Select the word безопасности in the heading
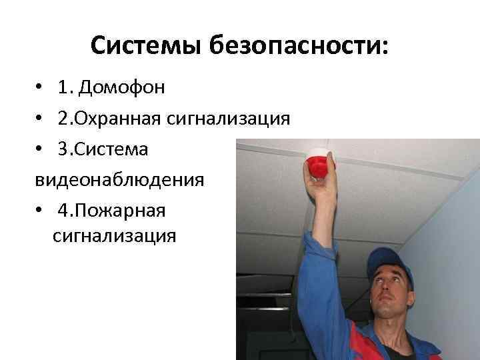291,46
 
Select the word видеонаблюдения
120,180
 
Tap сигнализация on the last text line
113,236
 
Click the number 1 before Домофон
63,88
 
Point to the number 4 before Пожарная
63,211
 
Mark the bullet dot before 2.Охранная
41,119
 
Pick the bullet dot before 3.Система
41,150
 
